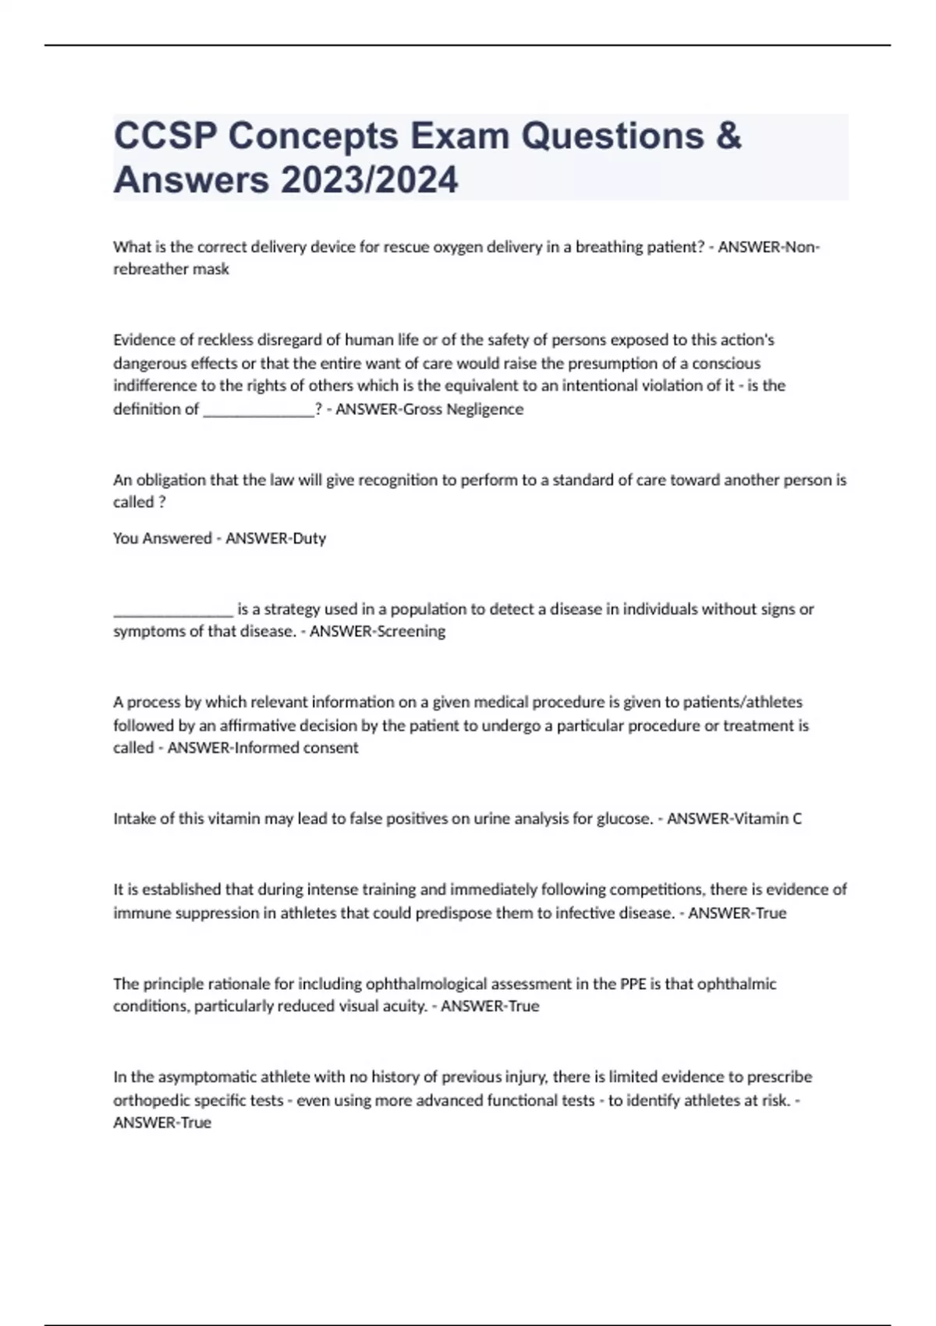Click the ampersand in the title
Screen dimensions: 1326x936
pos(727,136)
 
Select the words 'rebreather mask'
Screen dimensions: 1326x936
pos(171,269)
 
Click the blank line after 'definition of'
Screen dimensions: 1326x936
pos(258,409)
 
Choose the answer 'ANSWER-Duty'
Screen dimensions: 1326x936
pos(275,538)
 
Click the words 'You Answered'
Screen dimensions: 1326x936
pos(162,538)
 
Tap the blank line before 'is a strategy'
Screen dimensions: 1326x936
pos(172,609)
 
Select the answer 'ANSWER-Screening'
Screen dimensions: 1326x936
pos(378,631)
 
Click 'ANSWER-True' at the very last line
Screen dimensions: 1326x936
pos(162,1122)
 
